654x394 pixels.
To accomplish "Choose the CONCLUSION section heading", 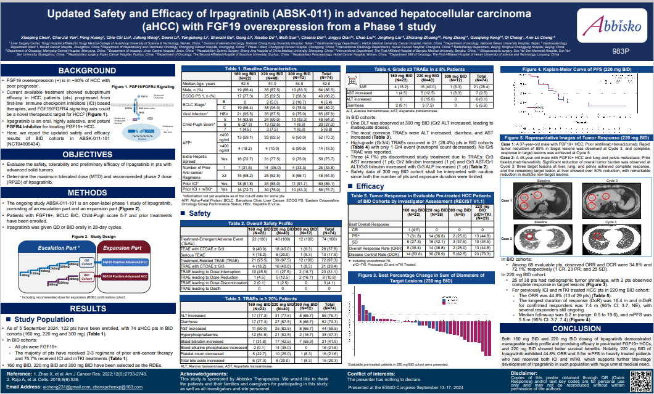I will click(x=576, y=328).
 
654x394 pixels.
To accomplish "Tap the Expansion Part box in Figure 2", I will click(x=128, y=248).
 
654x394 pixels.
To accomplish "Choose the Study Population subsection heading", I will click(x=41, y=319).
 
